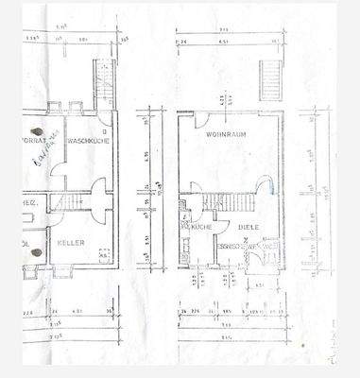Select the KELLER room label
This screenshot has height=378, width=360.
(71, 243)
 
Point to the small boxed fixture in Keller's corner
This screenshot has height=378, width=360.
(103, 254)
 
